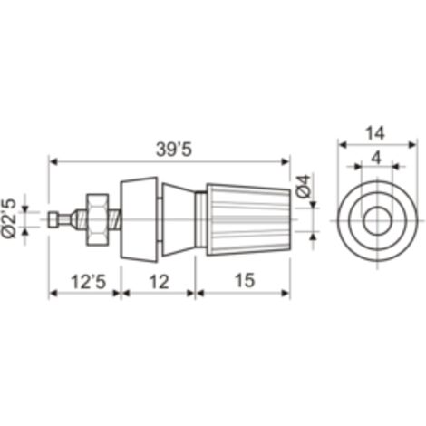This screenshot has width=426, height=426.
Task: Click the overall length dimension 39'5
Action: coord(174,150)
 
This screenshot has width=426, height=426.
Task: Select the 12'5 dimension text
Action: coord(89,281)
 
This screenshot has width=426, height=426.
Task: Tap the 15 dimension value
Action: coord(245,280)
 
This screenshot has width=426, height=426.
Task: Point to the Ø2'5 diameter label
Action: coord(10,218)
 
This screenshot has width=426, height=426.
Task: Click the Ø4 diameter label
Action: coord(303,186)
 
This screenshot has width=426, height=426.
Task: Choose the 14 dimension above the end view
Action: coord(375,133)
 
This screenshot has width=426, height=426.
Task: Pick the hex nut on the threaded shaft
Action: coord(97,219)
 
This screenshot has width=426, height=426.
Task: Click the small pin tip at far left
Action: coord(53,219)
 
